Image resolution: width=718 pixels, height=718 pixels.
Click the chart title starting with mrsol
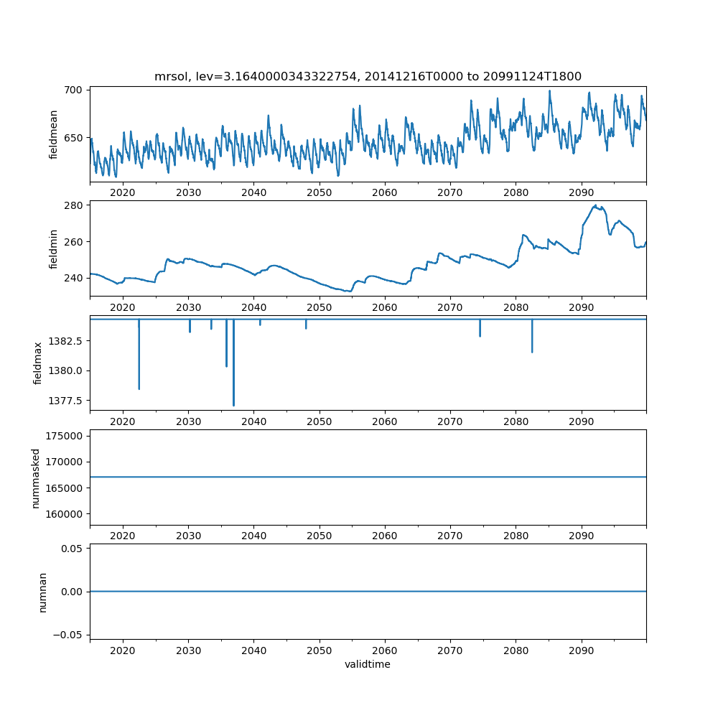coord(368,76)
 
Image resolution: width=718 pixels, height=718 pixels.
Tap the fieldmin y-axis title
coord(54,248)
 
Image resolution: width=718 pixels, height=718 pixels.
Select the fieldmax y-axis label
coord(38,363)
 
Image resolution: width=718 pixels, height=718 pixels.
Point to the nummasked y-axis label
coord(35,477)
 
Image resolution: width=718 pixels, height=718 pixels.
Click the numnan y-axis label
coord(42,592)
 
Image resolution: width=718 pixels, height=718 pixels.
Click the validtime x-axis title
coord(368,664)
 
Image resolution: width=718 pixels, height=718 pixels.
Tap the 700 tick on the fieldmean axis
coord(75,90)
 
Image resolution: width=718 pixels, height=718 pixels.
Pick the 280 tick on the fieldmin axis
coord(75,205)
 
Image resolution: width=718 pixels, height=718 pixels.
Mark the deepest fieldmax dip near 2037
coord(233,404)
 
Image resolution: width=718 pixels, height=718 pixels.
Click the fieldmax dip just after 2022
coord(139,388)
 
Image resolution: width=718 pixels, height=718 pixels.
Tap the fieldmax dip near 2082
coord(532,351)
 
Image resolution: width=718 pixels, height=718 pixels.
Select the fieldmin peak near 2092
coord(595,206)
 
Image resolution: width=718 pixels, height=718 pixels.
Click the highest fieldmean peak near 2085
coord(550,91)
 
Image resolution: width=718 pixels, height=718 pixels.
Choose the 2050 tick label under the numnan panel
coord(320,651)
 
